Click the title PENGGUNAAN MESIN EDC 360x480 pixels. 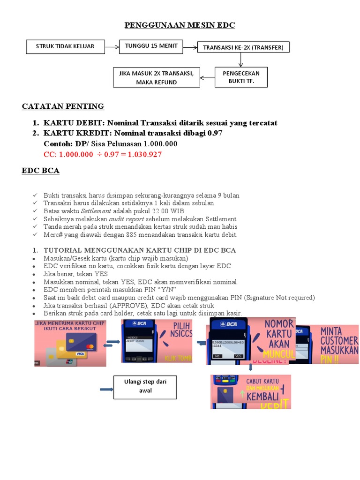180,25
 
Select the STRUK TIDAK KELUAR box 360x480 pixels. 65,46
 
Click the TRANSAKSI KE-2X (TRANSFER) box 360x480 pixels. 243,47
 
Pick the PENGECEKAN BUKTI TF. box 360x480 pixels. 241,77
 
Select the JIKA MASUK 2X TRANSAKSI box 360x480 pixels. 156,77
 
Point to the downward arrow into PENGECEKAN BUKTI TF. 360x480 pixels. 240,60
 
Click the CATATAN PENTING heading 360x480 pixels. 63,106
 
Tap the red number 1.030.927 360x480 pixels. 140,154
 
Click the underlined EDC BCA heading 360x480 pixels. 40,171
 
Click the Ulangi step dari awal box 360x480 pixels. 145,386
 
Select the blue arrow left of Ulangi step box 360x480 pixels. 106,389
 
